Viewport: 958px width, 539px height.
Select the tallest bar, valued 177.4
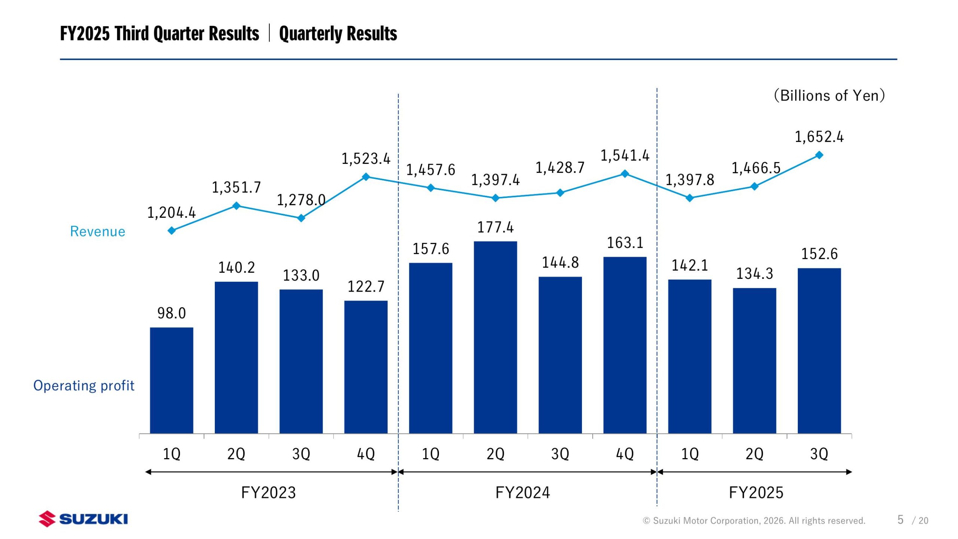tap(495, 337)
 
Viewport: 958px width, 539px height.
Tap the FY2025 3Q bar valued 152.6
tap(819, 350)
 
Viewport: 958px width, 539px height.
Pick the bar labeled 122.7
tap(366, 367)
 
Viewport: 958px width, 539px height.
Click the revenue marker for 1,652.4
tap(819, 155)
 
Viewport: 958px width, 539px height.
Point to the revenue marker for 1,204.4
tap(171, 231)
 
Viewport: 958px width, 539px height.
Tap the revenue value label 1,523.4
tap(366, 159)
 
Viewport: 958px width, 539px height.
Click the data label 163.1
tap(625, 243)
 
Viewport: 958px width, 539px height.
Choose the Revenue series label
tap(98, 231)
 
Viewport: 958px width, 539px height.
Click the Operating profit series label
tap(84, 386)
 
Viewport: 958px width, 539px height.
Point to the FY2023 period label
tap(268, 493)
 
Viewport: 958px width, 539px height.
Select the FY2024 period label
tap(522, 493)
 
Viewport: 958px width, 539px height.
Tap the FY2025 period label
tap(756, 493)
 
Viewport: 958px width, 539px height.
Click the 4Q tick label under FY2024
tap(625, 454)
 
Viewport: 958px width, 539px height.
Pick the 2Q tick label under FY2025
tap(754, 454)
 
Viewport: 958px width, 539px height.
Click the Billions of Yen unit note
tap(829, 95)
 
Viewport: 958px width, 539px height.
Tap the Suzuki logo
tap(83, 519)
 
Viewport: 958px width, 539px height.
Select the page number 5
tap(900, 520)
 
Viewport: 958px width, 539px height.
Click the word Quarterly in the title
tap(311, 34)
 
